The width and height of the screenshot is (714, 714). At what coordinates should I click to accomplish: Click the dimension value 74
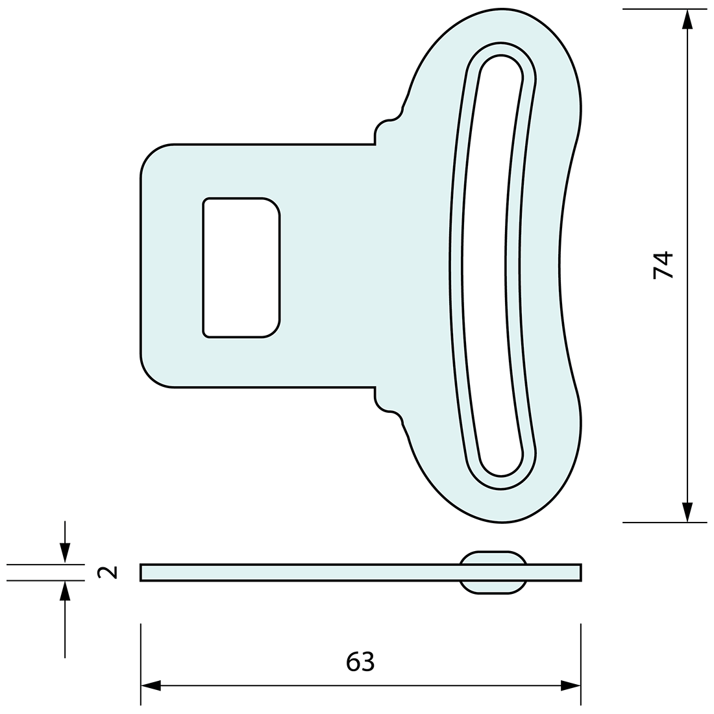pyautogui.click(x=663, y=265)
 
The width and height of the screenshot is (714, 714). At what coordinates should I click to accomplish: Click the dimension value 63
pyautogui.click(x=360, y=661)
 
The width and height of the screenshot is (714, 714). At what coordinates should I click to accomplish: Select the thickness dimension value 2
pyautogui.click(x=107, y=572)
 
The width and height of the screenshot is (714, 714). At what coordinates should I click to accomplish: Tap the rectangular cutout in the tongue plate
pyautogui.click(x=241, y=267)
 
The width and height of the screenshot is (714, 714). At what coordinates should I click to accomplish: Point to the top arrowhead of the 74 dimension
pyautogui.click(x=687, y=19)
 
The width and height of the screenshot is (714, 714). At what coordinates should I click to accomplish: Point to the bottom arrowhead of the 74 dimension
pyautogui.click(x=687, y=511)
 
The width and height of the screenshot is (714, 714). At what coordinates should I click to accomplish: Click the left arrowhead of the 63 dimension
pyautogui.click(x=151, y=685)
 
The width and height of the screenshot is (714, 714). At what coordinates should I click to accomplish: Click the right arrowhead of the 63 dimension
pyautogui.click(x=571, y=685)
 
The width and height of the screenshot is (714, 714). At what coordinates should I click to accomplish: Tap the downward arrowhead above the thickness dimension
pyautogui.click(x=64, y=552)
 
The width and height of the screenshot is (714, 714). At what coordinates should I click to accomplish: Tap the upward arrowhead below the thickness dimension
pyautogui.click(x=64, y=591)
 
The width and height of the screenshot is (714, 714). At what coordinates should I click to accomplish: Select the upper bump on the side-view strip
pyautogui.click(x=493, y=557)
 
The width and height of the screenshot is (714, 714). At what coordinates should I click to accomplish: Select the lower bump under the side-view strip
pyautogui.click(x=493, y=587)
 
